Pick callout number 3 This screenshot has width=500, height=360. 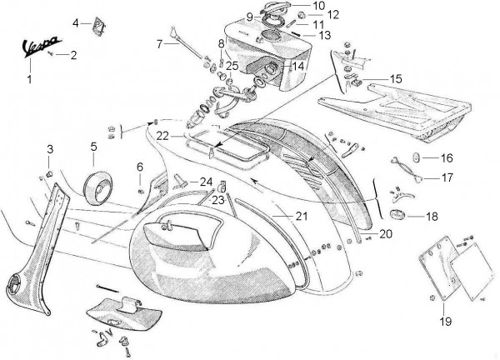point(50,149)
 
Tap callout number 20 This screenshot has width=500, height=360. point(385,233)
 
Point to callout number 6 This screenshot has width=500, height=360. point(140,167)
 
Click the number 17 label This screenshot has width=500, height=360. point(447,177)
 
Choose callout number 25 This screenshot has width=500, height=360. point(230,65)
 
